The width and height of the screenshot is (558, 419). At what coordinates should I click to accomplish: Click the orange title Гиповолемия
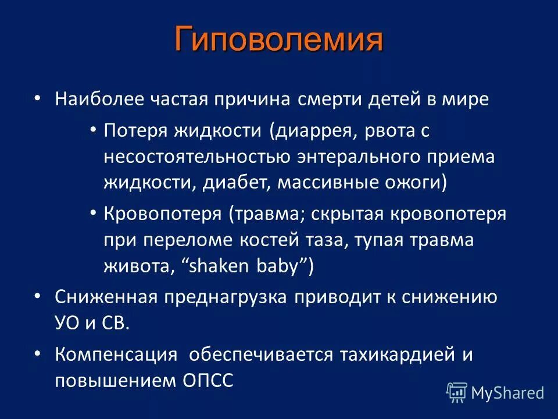[x=279, y=39]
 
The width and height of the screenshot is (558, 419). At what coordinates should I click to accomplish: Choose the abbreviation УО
[x=69, y=323]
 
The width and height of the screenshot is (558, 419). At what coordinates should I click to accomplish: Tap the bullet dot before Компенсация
[x=37, y=353]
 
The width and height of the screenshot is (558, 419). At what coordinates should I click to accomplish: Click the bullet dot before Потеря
[x=93, y=130]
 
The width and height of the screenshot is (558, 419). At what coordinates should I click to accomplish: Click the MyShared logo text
[x=507, y=393]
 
